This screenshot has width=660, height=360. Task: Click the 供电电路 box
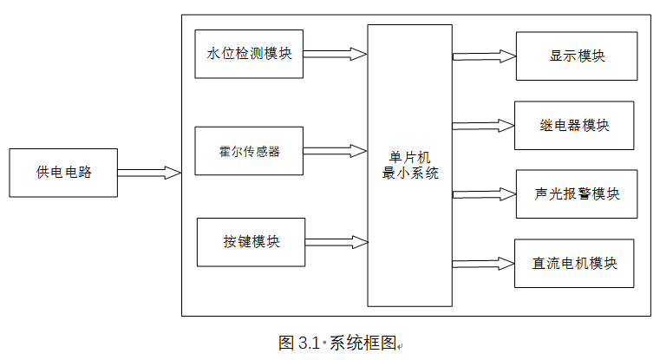63,173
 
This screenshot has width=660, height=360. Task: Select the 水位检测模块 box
249,54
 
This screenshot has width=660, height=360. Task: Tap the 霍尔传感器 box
249,151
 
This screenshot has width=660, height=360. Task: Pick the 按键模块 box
252,241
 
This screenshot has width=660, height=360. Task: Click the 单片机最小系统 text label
410,165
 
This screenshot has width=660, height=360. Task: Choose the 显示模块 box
576,56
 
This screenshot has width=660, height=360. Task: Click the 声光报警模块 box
577,193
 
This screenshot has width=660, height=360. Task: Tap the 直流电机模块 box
575,262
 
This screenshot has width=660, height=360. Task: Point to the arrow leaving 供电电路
149,173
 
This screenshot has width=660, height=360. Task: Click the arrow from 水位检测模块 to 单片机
335,55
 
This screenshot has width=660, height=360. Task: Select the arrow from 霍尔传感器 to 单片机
335,151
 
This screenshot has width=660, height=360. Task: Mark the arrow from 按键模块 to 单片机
336,241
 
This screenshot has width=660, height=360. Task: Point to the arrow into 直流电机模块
482,262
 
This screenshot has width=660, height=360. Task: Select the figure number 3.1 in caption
310,342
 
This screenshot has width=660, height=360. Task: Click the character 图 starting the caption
286,342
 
